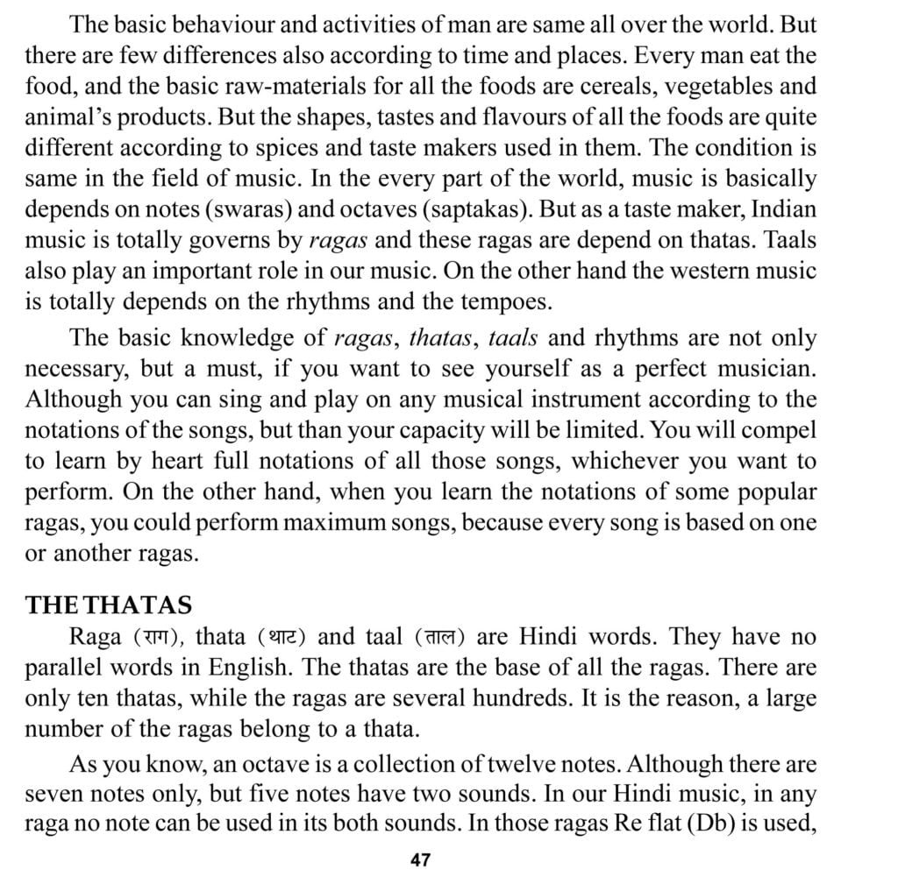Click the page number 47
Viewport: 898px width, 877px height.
coord(420,859)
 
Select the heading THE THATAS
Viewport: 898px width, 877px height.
coord(110,605)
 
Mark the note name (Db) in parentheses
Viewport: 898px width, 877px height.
coord(657,825)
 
